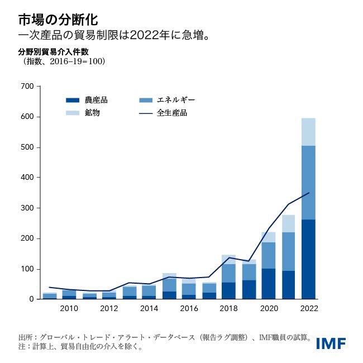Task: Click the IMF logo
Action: (x=331, y=343)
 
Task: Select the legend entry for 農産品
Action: (x=96, y=101)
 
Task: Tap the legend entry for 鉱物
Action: (x=93, y=113)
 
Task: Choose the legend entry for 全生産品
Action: (x=171, y=113)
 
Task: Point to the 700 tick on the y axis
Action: (x=27, y=87)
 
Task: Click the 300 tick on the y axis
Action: (x=27, y=208)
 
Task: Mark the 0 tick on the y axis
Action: (x=31, y=299)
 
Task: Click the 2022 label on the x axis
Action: (x=309, y=309)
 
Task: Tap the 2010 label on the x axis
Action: (x=69, y=309)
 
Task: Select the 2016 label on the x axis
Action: (x=189, y=309)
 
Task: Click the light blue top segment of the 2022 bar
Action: (x=309, y=132)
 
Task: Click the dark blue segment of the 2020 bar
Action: (x=269, y=284)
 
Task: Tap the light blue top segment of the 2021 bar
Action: (x=289, y=223)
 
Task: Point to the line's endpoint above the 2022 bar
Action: (x=309, y=193)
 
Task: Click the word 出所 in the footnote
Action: (x=25, y=338)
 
